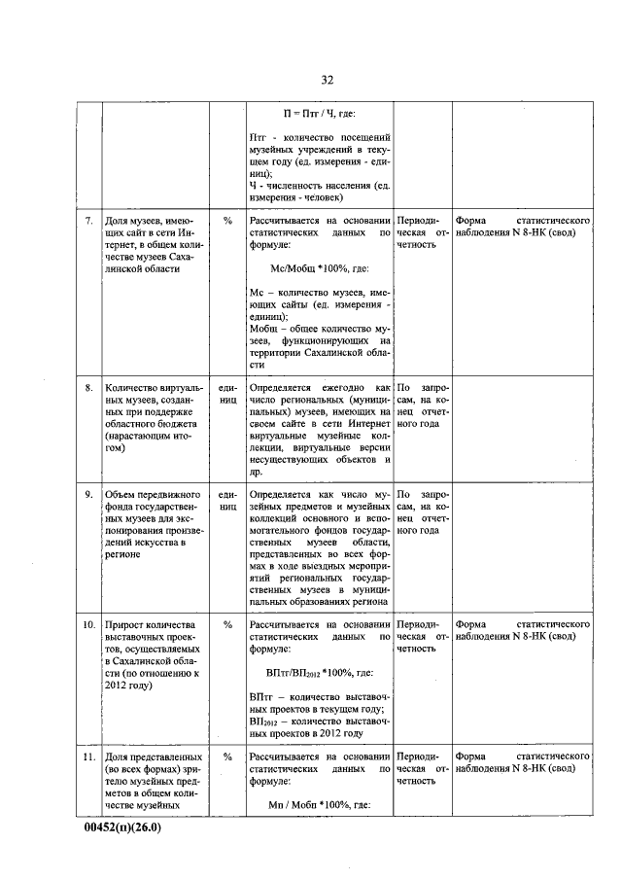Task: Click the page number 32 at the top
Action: tap(327, 80)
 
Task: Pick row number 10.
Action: tap(87, 624)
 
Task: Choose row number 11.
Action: tap(87, 756)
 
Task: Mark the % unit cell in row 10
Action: tap(227, 624)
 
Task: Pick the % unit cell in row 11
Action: tap(227, 756)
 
